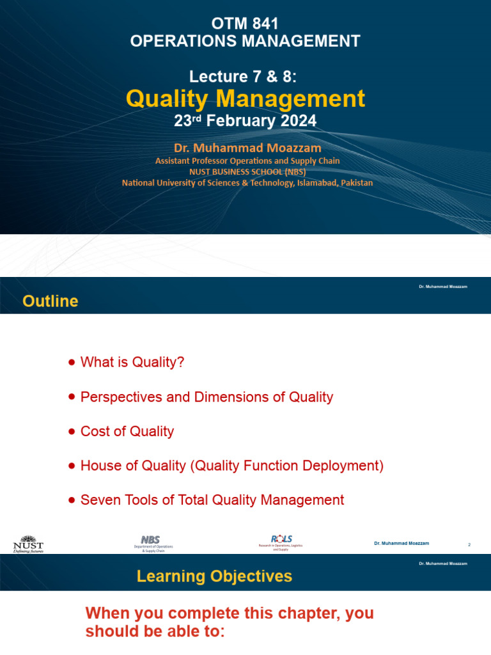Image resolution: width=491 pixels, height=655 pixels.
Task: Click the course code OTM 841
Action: click(x=245, y=25)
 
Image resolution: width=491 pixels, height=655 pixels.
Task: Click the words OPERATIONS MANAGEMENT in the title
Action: click(x=245, y=42)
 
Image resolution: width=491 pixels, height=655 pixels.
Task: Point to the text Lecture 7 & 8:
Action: click(x=244, y=77)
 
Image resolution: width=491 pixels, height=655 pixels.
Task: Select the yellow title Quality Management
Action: click(x=245, y=99)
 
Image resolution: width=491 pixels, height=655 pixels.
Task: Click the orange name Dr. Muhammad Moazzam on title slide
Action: click(x=246, y=148)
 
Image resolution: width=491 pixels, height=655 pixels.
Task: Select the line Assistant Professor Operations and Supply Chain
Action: click(x=247, y=161)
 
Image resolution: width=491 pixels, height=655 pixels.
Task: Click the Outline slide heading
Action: click(x=51, y=301)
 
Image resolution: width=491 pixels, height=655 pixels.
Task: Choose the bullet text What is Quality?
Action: click(x=132, y=362)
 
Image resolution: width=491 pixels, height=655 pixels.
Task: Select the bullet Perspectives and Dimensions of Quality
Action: click(x=207, y=397)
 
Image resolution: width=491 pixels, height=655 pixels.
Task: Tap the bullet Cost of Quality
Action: click(x=127, y=432)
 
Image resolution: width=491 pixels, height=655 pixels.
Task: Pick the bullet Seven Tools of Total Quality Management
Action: click(x=212, y=500)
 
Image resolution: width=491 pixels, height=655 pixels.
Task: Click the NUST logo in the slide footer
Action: click(x=28, y=543)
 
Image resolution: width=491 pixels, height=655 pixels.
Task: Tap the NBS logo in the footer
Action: click(x=153, y=543)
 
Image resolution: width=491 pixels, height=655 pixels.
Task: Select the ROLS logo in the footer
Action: click(x=281, y=542)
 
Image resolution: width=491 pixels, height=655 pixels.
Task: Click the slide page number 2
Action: click(x=469, y=544)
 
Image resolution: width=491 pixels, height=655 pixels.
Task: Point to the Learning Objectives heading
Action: click(x=214, y=576)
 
